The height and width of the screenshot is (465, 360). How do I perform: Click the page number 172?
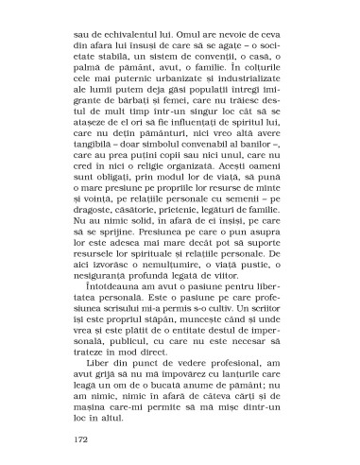(81, 439)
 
